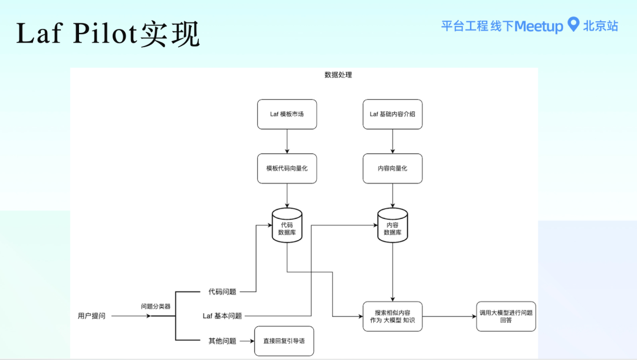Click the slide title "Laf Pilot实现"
click(x=108, y=34)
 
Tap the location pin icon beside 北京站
click(x=573, y=25)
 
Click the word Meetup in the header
click(x=539, y=27)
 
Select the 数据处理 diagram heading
click(x=338, y=75)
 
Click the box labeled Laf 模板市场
click(x=287, y=114)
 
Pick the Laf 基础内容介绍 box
click(x=392, y=114)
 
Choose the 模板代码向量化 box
click(x=287, y=168)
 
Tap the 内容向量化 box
click(x=392, y=168)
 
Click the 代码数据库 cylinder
click(x=287, y=225)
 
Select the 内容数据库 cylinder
click(x=392, y=225)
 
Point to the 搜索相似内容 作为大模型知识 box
click(x=392, y=316)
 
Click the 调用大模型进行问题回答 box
click(x=506, y=316)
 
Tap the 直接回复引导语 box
click(x=284, y=341)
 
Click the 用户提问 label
click(x=91, y=316)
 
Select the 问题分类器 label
click(x=155, y=306)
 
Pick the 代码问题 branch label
click(x=222, y=292)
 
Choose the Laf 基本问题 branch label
click(x=222, y=316)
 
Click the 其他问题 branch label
click(x=222, y=341)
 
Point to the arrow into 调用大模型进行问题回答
click(x=449, y=316)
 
